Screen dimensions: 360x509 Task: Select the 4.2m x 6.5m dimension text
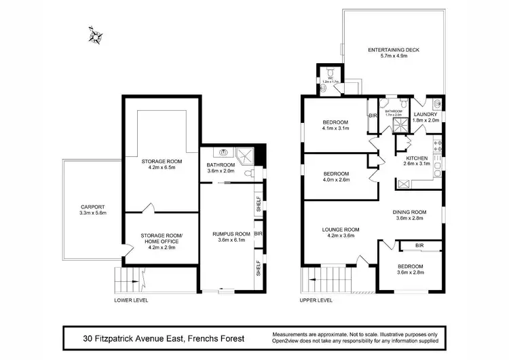coord(158,168)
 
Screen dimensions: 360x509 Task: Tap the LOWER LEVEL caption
coord(131,300)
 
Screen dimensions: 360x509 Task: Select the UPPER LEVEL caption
coord(316,300)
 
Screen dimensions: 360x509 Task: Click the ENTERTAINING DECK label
coord(393,50)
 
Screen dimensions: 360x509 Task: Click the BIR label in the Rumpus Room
coord(259,233)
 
